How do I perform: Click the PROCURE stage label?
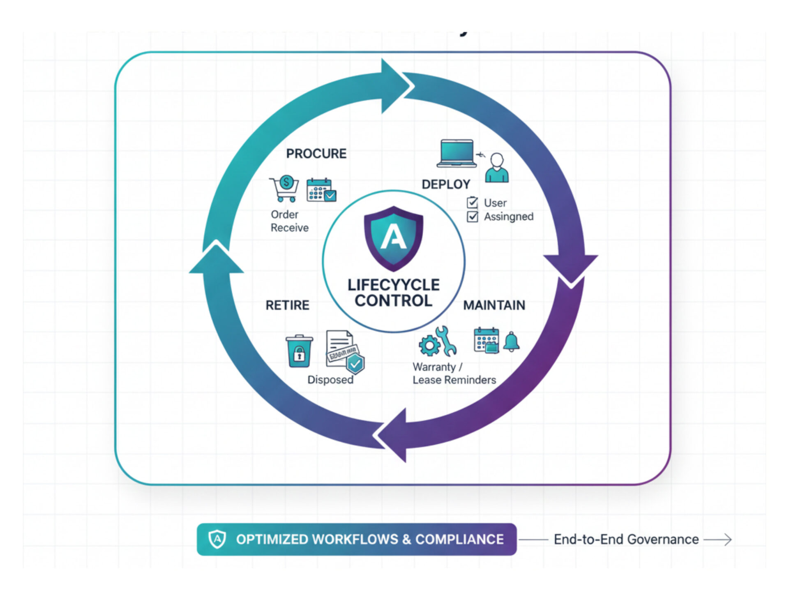tap(316, 154)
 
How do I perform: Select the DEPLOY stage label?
tap(446, 184)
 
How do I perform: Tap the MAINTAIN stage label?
tap(494, 305)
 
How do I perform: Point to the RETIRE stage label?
tap(287, 305)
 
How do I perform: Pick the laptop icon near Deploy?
tap(457, 153)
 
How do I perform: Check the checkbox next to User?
tap(473, 203)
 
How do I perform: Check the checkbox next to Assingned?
tap(473, 217)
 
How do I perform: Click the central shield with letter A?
tap(393, 238)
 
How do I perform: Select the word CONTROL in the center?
tap(393, 300)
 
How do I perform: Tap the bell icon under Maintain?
tap(511, 342)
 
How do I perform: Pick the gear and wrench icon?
tap(438, 342)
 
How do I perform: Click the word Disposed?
tap(330, 379)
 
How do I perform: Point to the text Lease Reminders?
tap(454, 380)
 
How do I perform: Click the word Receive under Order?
tap(289, 228)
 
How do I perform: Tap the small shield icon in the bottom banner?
tap(217, 539)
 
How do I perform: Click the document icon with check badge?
tap(344, 351)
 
